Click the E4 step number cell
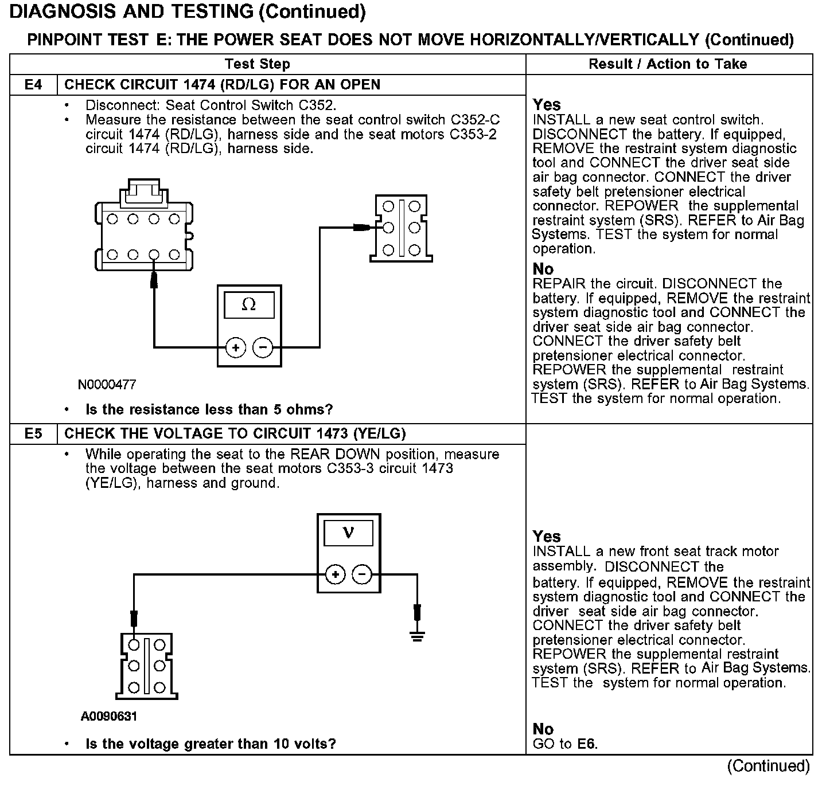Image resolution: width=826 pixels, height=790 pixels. coord(33,85)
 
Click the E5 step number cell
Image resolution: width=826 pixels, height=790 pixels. coord(33,434)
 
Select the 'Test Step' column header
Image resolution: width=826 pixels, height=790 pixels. coord(258,64)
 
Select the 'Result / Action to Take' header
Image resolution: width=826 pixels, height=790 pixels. coord(668,64)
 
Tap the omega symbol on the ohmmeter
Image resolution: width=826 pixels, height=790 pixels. coord(249,305)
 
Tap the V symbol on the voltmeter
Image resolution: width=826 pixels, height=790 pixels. coord(348,533)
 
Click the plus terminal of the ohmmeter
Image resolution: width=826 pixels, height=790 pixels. coord(236,347)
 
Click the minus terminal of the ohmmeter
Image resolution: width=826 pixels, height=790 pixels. coord(263,347)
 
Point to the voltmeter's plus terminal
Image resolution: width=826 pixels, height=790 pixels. coord(336,574)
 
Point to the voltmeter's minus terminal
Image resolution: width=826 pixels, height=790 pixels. coord(362,574)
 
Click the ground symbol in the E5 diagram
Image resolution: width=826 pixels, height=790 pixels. coord(418,636)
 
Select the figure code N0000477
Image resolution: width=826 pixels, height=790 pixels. coord(107,385)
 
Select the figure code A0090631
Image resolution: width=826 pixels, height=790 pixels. coord(109,717)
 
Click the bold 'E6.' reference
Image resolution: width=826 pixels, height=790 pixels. coord(587,744)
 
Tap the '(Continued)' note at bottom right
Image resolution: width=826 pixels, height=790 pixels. coord(768,766)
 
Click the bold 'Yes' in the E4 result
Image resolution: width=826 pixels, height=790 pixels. coord(547,105)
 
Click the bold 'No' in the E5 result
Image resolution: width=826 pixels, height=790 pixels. coord(543,729)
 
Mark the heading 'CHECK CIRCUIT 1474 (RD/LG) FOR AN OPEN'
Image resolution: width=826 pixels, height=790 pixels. coord(222,85)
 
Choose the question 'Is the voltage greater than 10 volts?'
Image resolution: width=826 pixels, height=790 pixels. coord(211,744)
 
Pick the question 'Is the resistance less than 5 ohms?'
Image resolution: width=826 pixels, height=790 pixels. coord(209,410)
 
